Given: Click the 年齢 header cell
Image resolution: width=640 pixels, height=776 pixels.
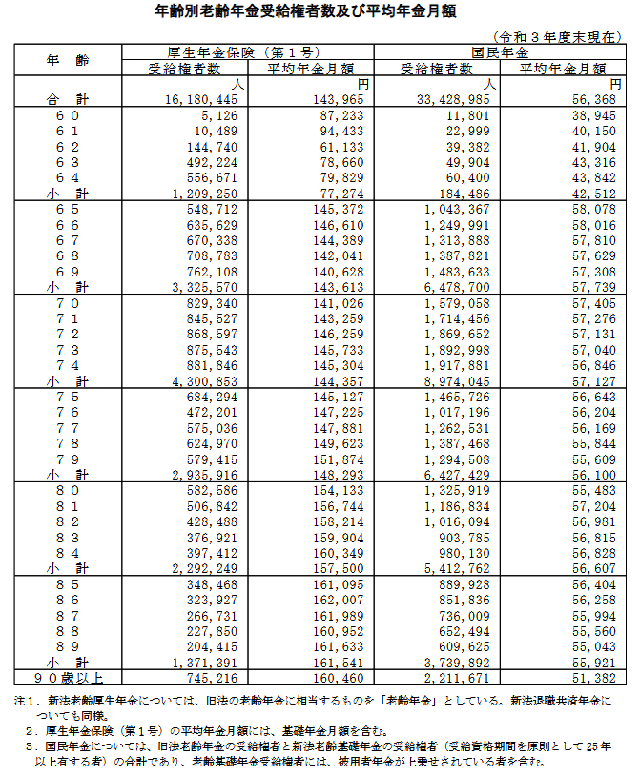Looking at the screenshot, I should point(67,59).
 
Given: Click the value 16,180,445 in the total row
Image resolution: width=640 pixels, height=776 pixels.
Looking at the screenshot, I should point(201,99).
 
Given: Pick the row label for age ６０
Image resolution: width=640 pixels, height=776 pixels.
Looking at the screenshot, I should point(67,113).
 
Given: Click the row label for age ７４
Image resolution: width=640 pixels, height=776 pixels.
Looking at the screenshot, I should point(67,364).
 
